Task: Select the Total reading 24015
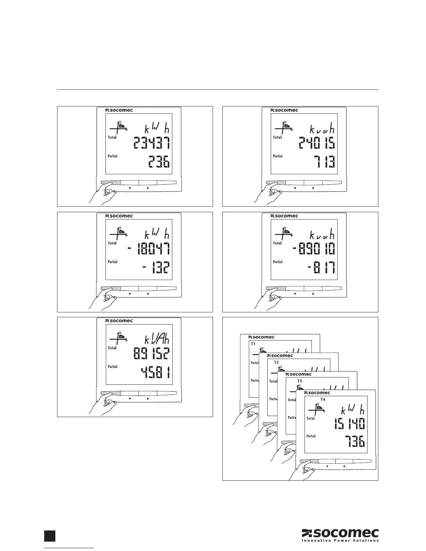(317, 143)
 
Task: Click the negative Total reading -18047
(149, 249)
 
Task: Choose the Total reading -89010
(314, 249)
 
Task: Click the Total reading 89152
(151, 354)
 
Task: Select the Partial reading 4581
(156, 373)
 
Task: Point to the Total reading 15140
(349, 424)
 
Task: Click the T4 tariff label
(323, 400)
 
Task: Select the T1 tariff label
(253, 344)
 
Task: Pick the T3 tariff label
(300, 381)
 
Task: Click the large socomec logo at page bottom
(340, 533)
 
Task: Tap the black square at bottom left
(50, 535)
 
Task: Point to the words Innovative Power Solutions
(340, 541)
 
